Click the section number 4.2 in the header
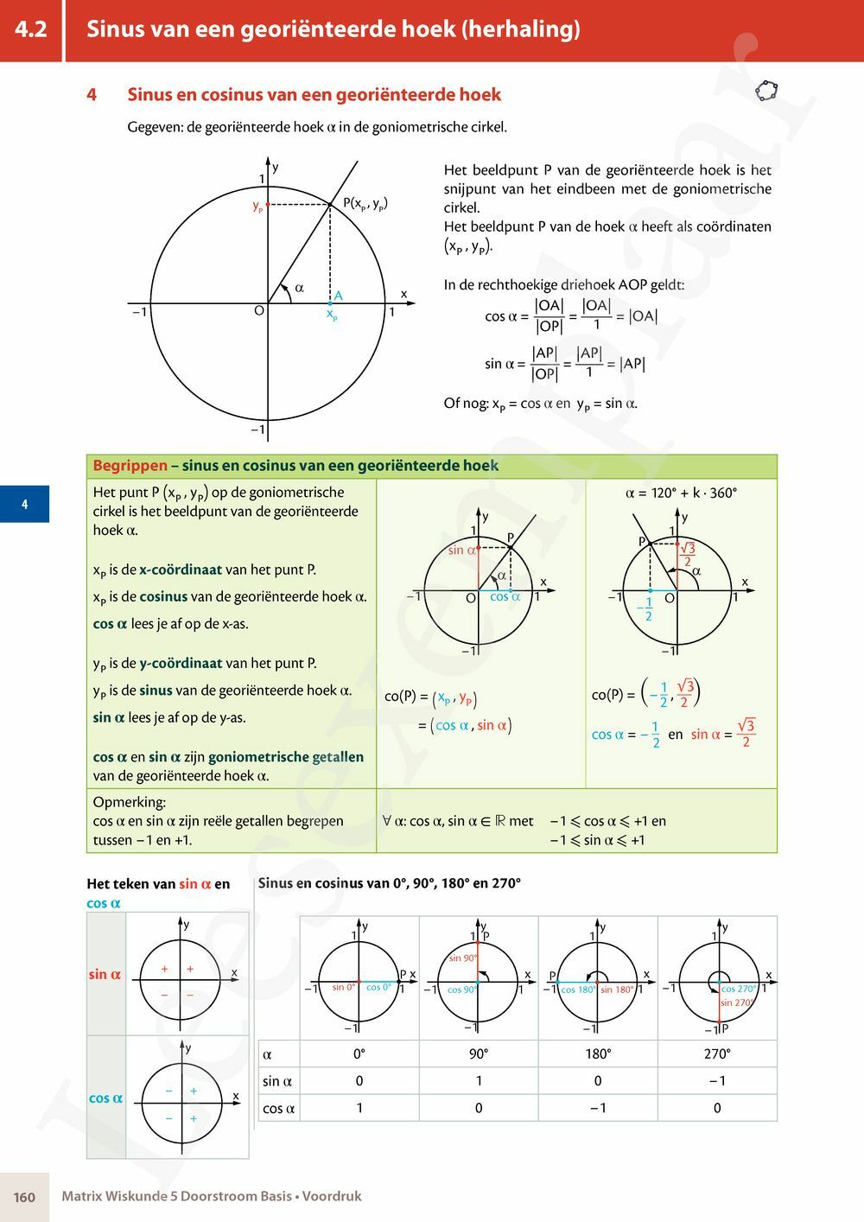pos(31,29)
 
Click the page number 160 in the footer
pos(24,1197)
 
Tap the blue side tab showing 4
pos(24,505)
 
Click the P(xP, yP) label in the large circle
pos(365,204)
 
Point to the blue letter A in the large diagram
pos(339,296)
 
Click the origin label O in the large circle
pos(258,310)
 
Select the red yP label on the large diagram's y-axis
pos(257,207)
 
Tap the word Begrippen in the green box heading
pos(130,466)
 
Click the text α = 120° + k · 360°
pos(681,493)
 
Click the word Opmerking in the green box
pos(130,802)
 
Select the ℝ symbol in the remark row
pos(499,821)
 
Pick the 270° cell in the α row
pos(717,1053)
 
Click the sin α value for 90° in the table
pos(479,1081)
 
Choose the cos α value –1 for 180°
pos(598,1108)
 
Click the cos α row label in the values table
pos(278,1109)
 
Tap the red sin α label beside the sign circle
pos(105,975)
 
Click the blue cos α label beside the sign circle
pos(105,1098)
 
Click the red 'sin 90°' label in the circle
pos(463,958)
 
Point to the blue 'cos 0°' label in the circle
pos(378,987)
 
